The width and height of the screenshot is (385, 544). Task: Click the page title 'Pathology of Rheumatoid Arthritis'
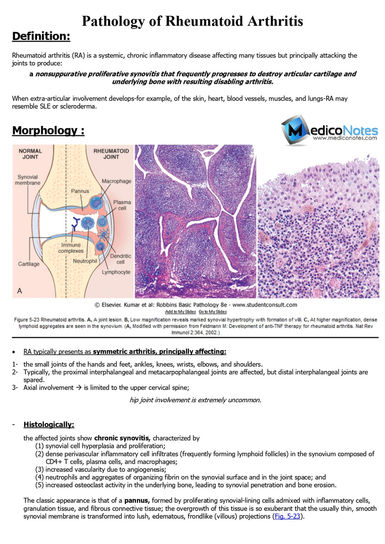pyautogui.click(x=192, y=21)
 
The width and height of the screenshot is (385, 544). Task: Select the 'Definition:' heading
pyautogui.click(x=41, y=36)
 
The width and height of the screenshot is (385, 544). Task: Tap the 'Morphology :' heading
pyautogui.click(x=48, y=130)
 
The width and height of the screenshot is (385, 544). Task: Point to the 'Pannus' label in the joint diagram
pyautogui.click(x=80, y=191)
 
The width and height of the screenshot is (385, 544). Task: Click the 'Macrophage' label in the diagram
pyautogui.click(x=116, y=181)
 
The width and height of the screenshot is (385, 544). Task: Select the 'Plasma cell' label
pyautogui.click(x=122, y=205)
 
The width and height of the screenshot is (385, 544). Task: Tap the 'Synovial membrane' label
pyautogui.click(x=28, y=180)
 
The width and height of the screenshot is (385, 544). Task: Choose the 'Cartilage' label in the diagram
pyautogui.click(x=29, y=264)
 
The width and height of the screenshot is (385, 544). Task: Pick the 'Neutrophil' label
pyautogui.click(x=85, y=261)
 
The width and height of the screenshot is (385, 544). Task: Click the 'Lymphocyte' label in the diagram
pyautogui.click(x=116, y=272)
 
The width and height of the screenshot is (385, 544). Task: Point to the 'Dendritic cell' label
pyautogui.click(x=123, y=259)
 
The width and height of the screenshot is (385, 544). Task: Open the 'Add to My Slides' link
pyautogui.click(x=180, y=312)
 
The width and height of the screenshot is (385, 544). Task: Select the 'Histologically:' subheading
pyautogui.click(x=49, y=424)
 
